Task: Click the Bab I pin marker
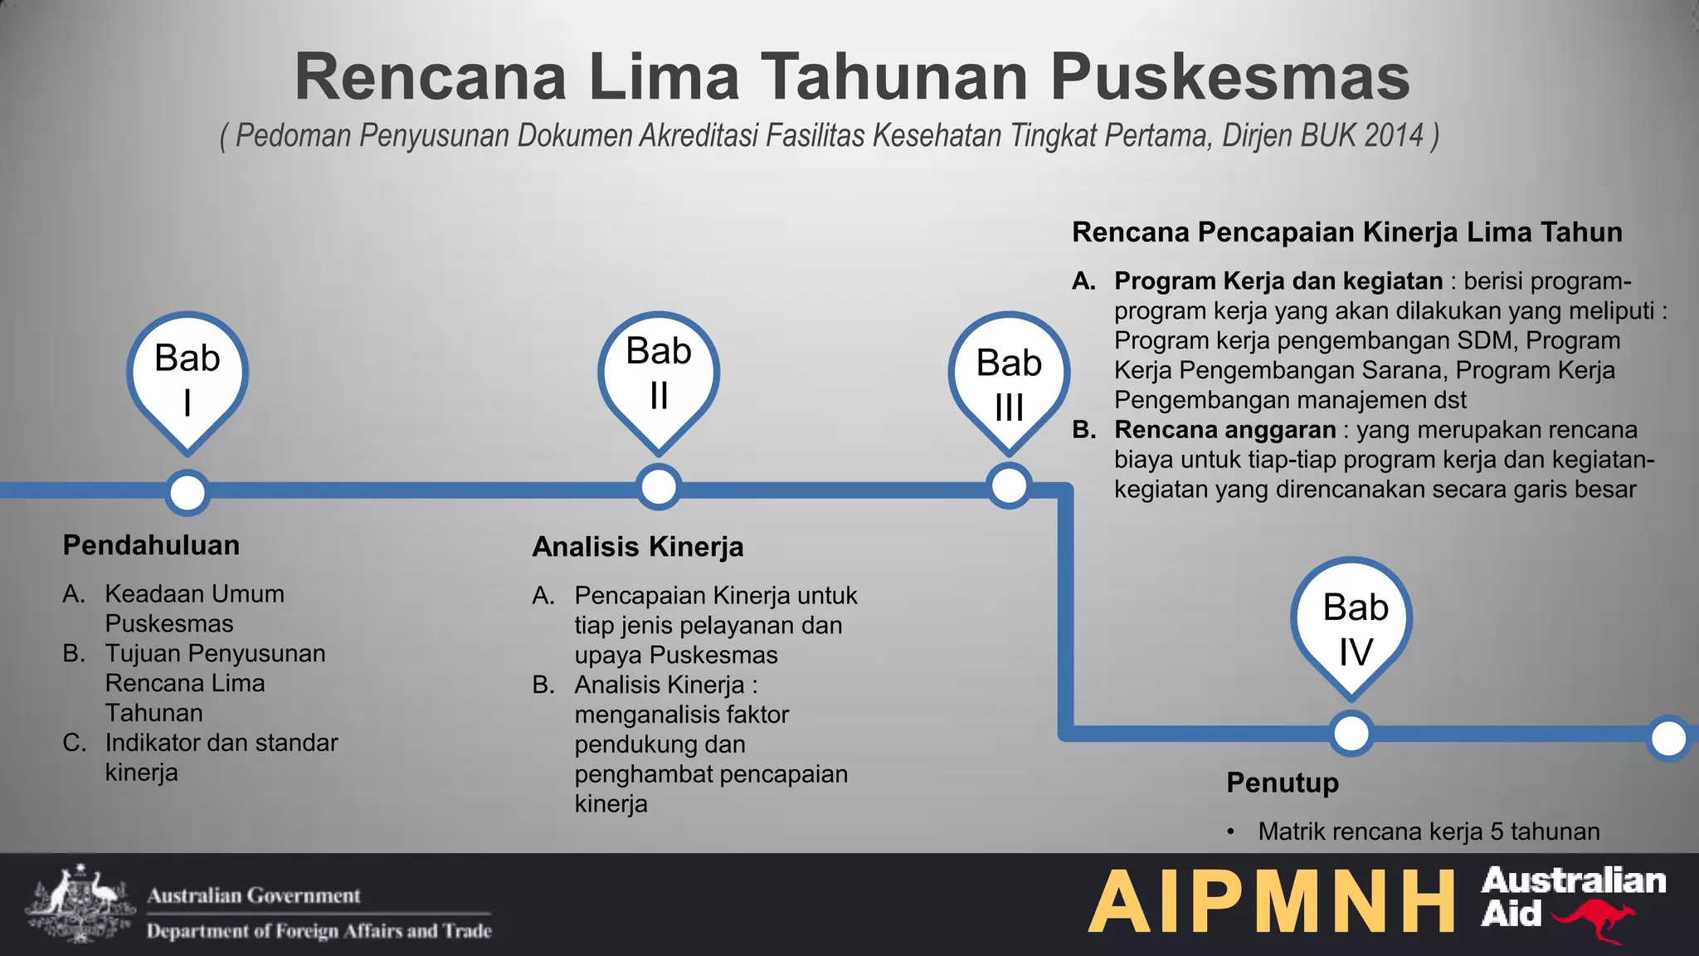tap(187, 378)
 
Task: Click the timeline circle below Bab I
tap(187, 493)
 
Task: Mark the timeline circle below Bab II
tap(659, 487)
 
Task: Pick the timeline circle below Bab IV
tap(1351, 734)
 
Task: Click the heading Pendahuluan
tap(151, 545)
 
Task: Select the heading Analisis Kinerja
tap(637, 547)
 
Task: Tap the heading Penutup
tap(1283, 783)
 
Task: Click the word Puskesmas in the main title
tap(1229, 77)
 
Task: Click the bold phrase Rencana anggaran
tap(1224, 430)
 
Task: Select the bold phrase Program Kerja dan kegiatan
tap(1278, 281)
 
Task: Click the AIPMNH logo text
tap(1271, 902)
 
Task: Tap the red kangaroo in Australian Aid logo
tap(1594, 920)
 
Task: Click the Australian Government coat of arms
tap(80, 903)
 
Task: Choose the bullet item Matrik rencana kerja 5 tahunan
tap(1428, 832)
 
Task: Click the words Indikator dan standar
tap(221, 743)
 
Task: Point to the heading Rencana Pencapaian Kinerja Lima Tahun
tap(1346, 232)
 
